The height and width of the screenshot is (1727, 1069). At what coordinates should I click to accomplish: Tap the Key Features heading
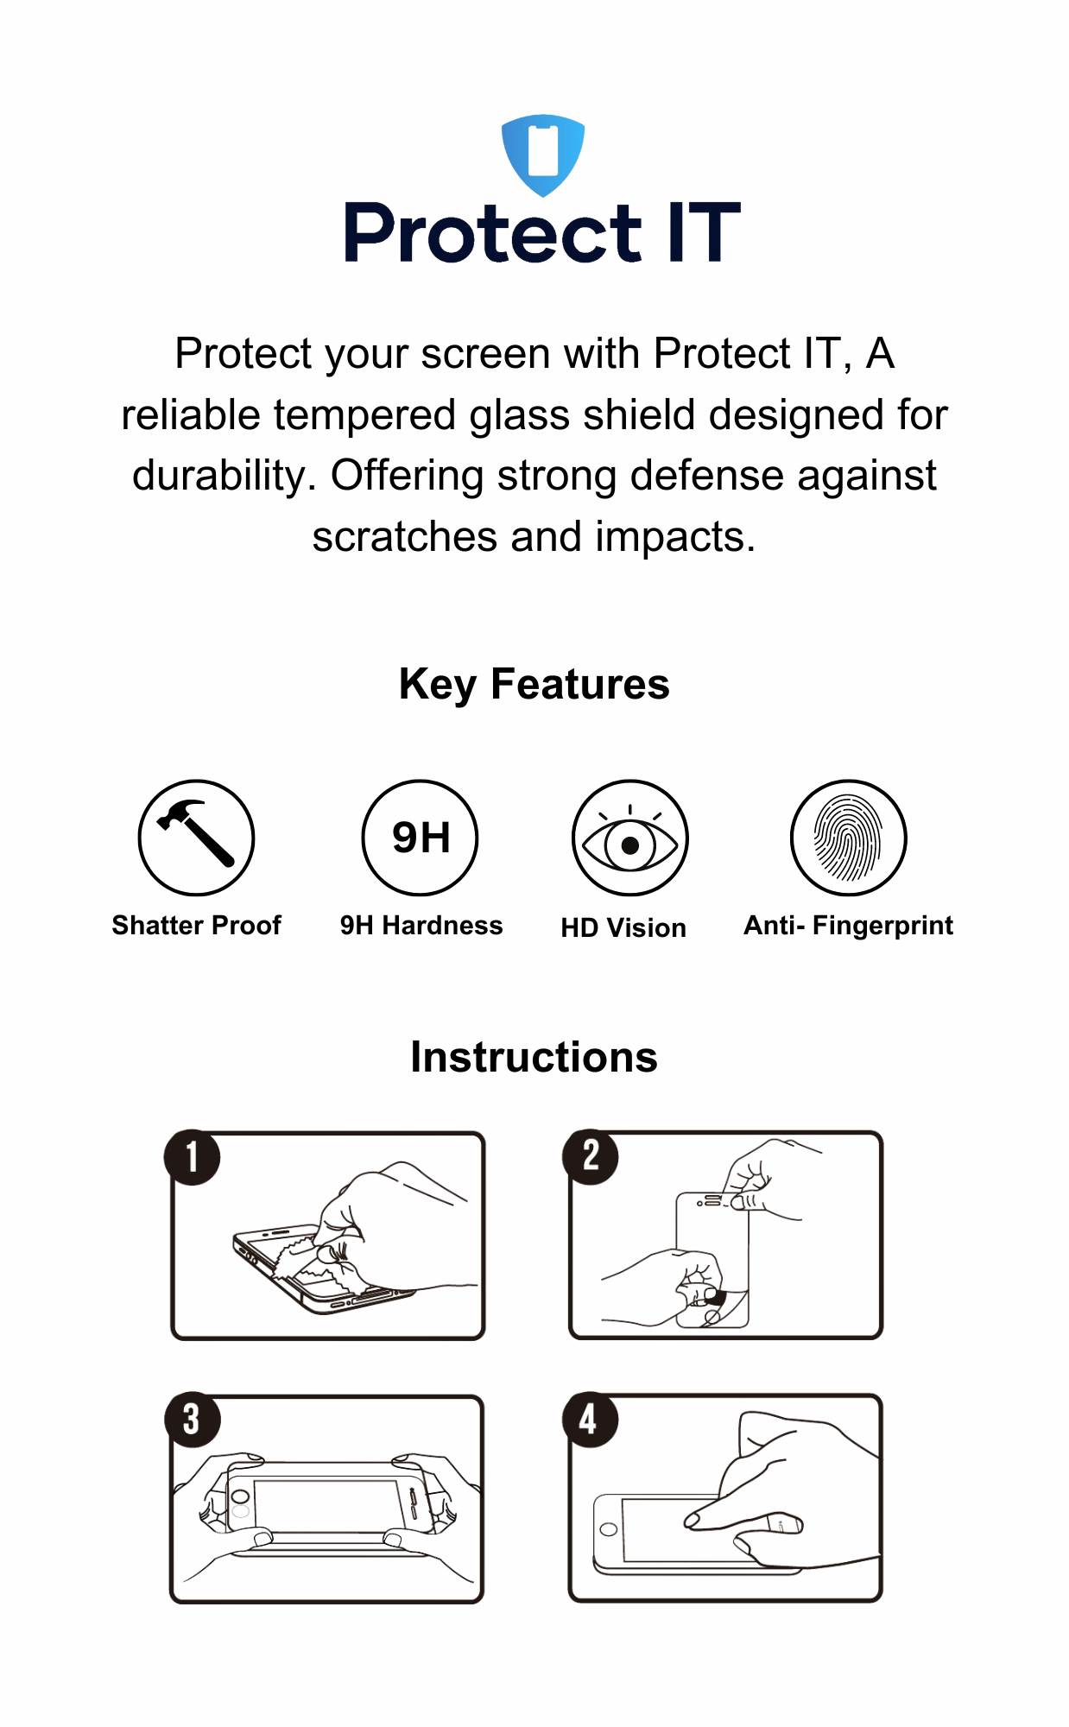tap(534, 685)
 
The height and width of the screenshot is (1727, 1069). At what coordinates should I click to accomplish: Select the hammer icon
tap(196, 837)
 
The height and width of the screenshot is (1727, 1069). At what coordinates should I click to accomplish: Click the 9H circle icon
tap(420, 837)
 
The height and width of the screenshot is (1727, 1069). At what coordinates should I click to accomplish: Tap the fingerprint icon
tap(848, 838)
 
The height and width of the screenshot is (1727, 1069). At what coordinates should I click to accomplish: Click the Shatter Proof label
tap(196, 926)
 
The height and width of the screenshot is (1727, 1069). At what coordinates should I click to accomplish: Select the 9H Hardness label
tap(421, 926)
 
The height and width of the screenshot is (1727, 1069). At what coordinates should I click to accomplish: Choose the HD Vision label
tap(623, 928)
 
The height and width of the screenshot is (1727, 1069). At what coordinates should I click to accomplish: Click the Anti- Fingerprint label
tap(848, 926)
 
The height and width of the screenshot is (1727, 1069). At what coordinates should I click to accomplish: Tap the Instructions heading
tap(534, 1058)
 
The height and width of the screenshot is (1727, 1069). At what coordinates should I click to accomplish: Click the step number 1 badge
tap(192, 1157)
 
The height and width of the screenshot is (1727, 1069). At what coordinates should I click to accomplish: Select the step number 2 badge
tap(591, 1156)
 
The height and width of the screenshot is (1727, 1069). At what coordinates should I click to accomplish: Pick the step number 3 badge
tap(192, 1420)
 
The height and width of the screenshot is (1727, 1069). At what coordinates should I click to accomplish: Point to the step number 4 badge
tap(590, 1420)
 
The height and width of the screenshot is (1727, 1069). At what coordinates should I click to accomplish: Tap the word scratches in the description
tap(404, 537)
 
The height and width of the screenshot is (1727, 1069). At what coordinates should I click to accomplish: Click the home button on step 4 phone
tap(609, 1529)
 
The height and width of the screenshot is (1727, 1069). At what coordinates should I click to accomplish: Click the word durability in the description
tap(225, 476)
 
